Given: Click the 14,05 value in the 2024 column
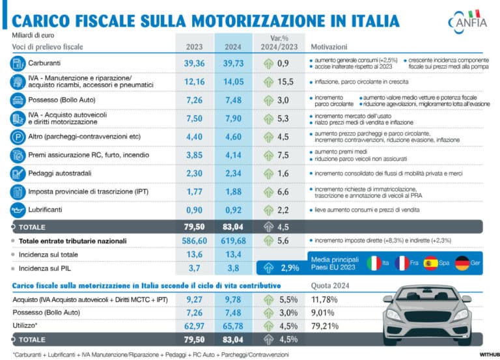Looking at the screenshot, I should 233,82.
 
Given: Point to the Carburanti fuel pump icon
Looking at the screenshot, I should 17,64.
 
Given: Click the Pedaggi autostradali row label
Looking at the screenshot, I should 59,174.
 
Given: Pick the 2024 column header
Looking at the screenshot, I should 233,47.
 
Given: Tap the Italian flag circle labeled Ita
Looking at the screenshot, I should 374,263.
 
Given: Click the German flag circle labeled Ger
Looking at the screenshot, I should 462,263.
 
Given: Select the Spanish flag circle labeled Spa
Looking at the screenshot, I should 431,263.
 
